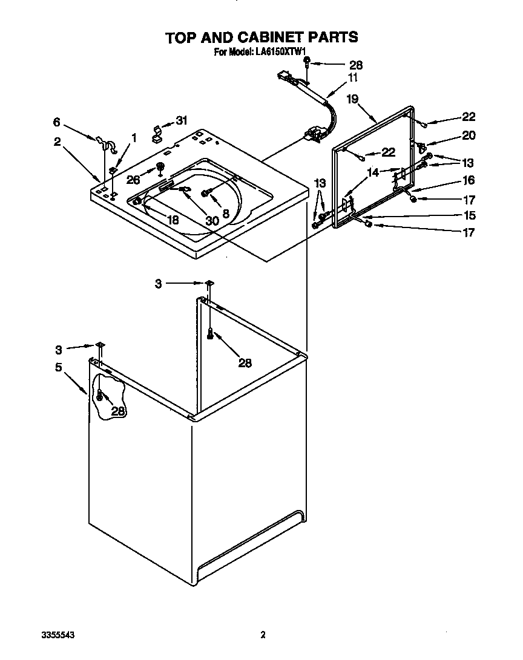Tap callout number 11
click(x=352, y=77)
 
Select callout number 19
click(x=352, y=99)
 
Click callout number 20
click(x=469, y=136)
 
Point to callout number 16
click(x=469, y=180)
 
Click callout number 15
click(x=469, y=215)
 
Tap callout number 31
click(x=182, y=120)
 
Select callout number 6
click(x=56, y=122)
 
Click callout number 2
click(x=56, y=142)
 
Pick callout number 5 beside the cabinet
click(x=59, y=367)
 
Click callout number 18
click(x=173, y=220)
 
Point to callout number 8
click(x=225, y=213)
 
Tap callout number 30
click(x=211, y=221)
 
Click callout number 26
click(x=133, y=179)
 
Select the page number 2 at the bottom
click(x=263, y=635)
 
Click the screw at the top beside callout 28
click(x=308, y=61)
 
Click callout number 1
click(x=134, y=139)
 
